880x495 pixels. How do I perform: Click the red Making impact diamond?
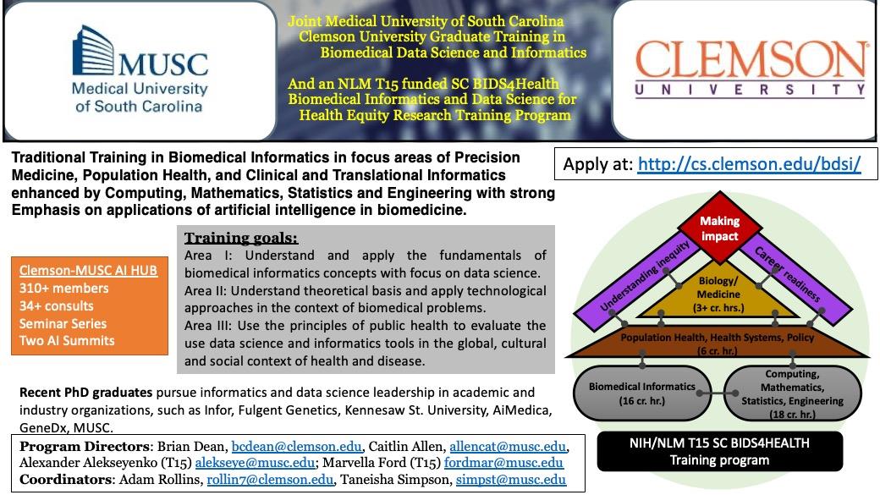(719, 228)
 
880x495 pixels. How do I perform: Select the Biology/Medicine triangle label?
(718, 291)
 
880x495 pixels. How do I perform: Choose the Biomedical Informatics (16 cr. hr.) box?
(641, 393)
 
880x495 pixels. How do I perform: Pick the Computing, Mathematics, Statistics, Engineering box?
(792, 393)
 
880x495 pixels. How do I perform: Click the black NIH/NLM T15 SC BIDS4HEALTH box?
(719, 451)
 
